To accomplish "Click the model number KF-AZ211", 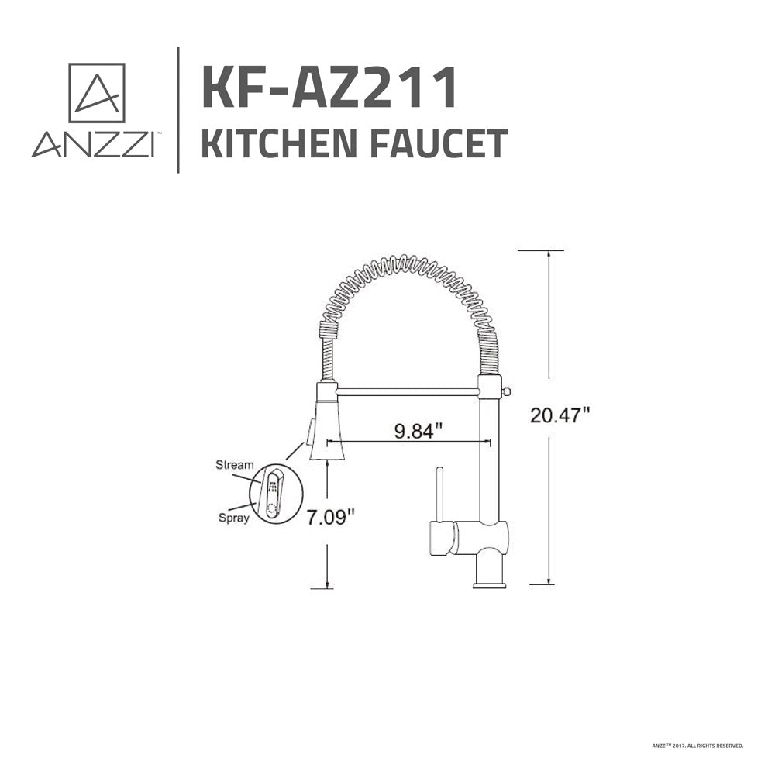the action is pos(329,88).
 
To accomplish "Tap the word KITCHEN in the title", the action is pos(279,143).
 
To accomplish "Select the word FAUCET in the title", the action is pos(439,143).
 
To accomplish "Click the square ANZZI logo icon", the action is pos(96,93).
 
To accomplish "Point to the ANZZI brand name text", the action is pos(93,144).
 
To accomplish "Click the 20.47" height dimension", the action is pos(560,415).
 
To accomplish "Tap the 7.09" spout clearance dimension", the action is pos(331,518).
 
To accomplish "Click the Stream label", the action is pos(234,465).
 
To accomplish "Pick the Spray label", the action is pos(234,518).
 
